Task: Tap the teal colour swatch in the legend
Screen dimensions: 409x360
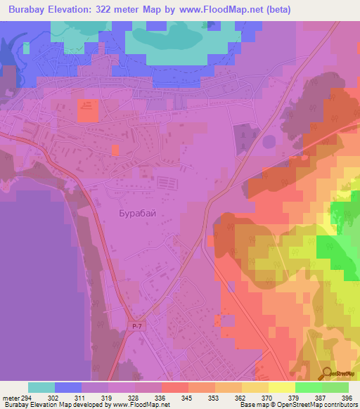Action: click(41, 387)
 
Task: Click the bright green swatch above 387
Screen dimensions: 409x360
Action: click(308, 387)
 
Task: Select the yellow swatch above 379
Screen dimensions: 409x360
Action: click(281, 387)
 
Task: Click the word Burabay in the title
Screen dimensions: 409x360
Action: click(30, 10)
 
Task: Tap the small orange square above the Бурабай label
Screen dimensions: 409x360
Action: click(115, 149)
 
